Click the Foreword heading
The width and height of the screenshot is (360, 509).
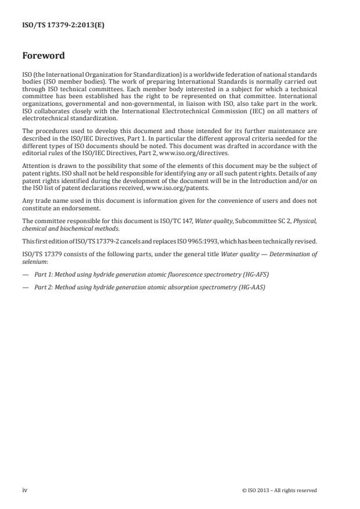(44, 56)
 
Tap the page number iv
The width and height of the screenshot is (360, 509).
(25, 490)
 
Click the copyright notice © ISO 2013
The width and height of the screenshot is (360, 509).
(260, 490)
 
